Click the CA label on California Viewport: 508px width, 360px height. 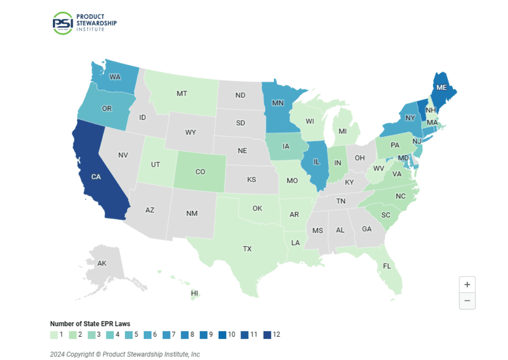pyautogui.click(x=96, y=176)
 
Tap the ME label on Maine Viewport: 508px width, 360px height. pyautogui.click(x=442, y=87)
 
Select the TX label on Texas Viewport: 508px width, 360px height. pyautogui.click(x=247, y=249)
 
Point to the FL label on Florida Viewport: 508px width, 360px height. pyautogui.click(x=387, y=266)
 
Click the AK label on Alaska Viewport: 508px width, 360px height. pyautogui.click(x=102, y=263)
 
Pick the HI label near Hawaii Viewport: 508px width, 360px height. pyautogui.click(x=194, y=293)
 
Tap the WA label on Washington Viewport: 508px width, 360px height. pyautogui.click(x=115, y=77)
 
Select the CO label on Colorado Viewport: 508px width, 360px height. pyautogui.click(x=200, y=172)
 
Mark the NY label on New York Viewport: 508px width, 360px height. pyautogui.click(x=410, y=118)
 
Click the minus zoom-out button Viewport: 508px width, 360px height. pyautogui.click(x=467, y=301)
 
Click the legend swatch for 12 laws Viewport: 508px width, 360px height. pyautogui.click(x=267, y=334)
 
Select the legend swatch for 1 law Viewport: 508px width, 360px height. pyautogui.click(x=54, y=334)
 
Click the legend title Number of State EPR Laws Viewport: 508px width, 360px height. pyautogui.click(x=90, y=324)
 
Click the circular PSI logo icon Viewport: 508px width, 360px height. pyautogui.click(x=62, y=23)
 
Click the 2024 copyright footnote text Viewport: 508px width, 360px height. pyautogui.click(x=125, y=354)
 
